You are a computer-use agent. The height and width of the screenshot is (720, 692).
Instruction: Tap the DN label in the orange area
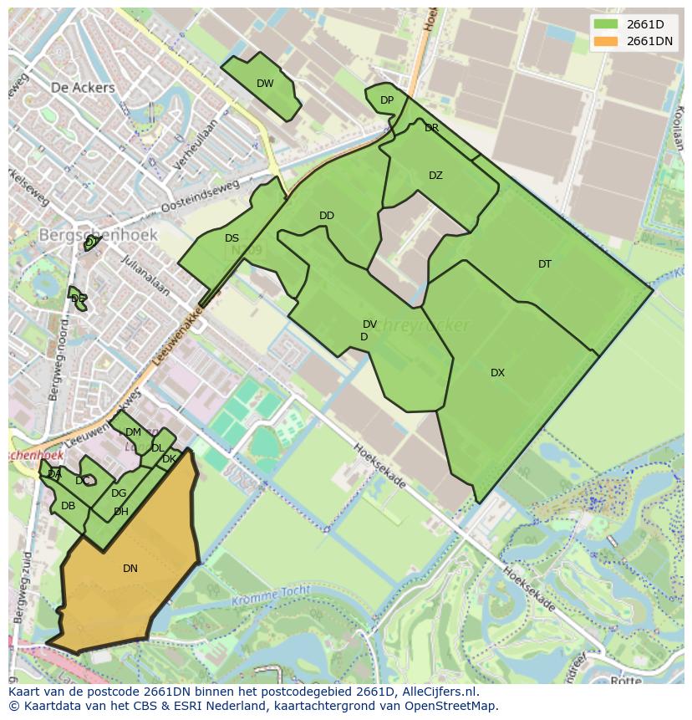(130, 569)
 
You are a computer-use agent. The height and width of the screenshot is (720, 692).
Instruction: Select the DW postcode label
(265, 84)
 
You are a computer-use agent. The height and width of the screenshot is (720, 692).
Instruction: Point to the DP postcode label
(387, 100)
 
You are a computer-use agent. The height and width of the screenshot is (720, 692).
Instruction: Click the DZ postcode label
(435, 176)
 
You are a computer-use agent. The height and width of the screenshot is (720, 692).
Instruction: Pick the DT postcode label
(545, 264)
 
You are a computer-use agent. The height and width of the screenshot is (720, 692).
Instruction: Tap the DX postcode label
(497, 373)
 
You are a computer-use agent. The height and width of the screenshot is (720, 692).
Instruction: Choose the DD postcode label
(327, 216)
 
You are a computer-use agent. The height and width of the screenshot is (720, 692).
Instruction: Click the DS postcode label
(232, 238)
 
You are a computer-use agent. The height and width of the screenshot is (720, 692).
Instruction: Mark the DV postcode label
(369, 324)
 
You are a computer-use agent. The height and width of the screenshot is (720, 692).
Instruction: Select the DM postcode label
(133, 432)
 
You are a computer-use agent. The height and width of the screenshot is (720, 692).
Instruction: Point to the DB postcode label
(69, 506)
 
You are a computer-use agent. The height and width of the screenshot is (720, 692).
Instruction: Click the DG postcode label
(119, 493)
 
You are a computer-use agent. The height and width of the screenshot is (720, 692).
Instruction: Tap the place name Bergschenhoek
(98, 236)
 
